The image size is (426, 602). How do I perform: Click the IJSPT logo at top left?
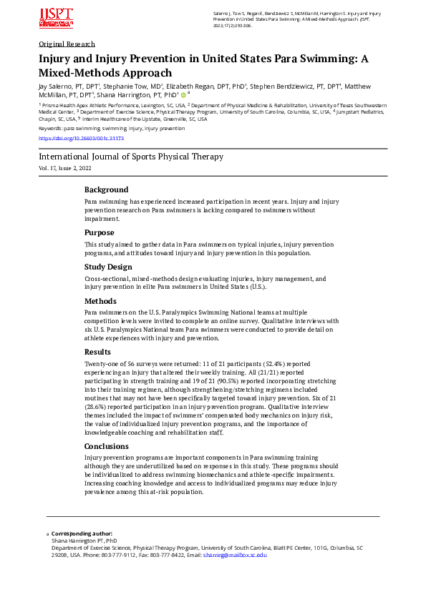pyautogui.click(x=56, y=19)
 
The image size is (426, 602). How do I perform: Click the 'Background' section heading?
pyautogui.click(x=106, y=190)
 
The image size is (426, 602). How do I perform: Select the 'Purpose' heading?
pyautogui.click(x=100, y=232)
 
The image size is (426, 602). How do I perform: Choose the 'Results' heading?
pyautogui.click(x=98, y=352)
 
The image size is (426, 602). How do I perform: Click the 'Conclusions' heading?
pyautogui.click(x=107, y=445)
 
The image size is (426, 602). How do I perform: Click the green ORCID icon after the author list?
pyautogui.click(x=183, y=94)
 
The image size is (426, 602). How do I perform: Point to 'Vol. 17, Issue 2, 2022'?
pyautogui.click(x=65, y=168)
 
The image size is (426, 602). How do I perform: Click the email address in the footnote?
pyautogui.click(x=235, y=555)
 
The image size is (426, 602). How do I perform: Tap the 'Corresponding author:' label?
pyautogui.click(x=82, y=533)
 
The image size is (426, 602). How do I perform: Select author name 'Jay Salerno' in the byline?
pyautogui.click(x=55, y=87)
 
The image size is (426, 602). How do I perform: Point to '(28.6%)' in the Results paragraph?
pyautogui.click(x=98, y=408)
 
